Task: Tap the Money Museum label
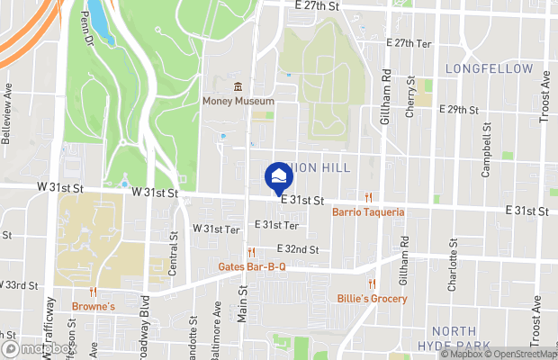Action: click(238, 102)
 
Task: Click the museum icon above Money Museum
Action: click(238, 86)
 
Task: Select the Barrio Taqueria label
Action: click(368, 212)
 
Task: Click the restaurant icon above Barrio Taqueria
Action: click(368, 197)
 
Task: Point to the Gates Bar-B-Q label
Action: click(253, 267)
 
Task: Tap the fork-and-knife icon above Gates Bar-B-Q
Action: click(253, 252)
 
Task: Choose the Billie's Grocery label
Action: click(372, 299)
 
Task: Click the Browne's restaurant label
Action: click(94, 306)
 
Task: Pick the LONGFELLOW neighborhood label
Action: click(489, 68)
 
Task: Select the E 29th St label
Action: click(458, 110)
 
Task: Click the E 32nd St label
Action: click(298, 247)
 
